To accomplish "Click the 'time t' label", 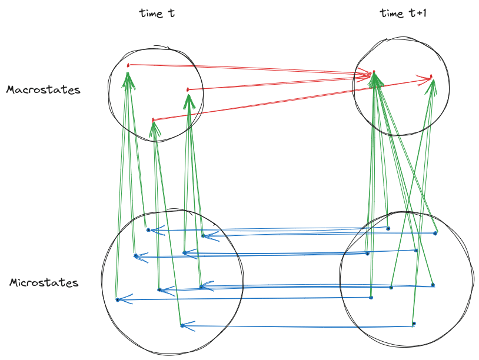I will pyautogui.click(x=157, y=13).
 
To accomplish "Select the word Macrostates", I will pyautogui.click(x=44, y=90).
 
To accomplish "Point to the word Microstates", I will pyautogui.click(x=44, y=283).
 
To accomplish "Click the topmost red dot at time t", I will pyautogui.click(x=128, y=65).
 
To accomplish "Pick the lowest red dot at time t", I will pyautogui.click(x=153, y=120).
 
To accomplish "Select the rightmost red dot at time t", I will pyautogui.click(x=188, y=89).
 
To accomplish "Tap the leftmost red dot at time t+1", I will pyautogui.click(x=373, y=72).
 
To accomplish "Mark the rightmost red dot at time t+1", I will pyautogui.click(x=431, y=76).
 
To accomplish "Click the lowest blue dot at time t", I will pyautogui.click(x=182, y=325).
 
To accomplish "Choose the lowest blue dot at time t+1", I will pyautogui.click(x=414, y=324).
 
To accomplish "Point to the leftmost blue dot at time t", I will pyautogui.click(x=117, y=300).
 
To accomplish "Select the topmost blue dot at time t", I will pyautogui.click(x=148, y=229).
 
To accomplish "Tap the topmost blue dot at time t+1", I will pyautogui.click(x=388, y=228).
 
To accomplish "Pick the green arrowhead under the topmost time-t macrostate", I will pyautogui.click(x=128, y=79).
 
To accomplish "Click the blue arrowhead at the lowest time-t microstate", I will pyautogui.click(x=187, y=325).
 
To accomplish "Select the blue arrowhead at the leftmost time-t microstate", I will pyautogui.click(x=122, y=300).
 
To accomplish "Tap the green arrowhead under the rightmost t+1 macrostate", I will pyautogui.click(x=432, y=86).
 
